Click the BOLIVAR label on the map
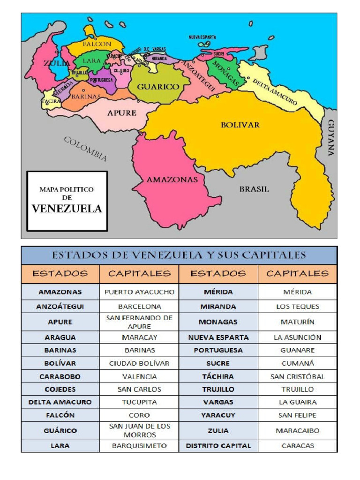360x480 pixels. (240, 125)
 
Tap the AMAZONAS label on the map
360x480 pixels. (172, 180)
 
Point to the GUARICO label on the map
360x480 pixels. (158, 87)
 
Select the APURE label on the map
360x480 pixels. (122, 113)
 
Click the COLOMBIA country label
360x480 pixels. (85, 149)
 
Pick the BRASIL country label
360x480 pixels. (254, 189)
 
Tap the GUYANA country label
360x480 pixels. (331, 137)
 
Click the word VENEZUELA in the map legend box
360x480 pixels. (67, 209)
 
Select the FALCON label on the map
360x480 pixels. (97, 44)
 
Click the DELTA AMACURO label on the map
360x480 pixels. (275, 92)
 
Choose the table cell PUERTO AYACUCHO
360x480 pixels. (139, 292)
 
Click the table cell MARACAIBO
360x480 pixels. (297, 430)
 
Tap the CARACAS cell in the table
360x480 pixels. (297, 446)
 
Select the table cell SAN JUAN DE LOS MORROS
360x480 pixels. (139, 430)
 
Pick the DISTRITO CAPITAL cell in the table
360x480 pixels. (218, 446)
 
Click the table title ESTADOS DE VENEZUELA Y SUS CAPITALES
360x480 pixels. (179, 255)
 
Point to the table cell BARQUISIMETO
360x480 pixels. (139, 446)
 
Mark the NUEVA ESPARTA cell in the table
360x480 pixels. (218, 337)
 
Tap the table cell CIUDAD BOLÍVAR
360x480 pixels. (139, 363)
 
